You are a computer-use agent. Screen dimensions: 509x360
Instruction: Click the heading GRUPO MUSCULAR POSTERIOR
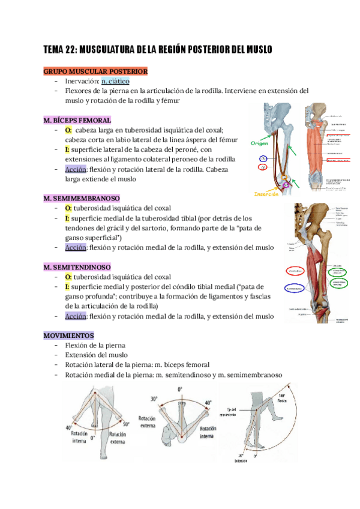coord(96,71)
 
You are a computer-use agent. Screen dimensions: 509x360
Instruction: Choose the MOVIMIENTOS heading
coord(69,336)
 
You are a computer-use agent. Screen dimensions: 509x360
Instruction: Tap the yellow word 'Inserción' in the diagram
coord(267,194)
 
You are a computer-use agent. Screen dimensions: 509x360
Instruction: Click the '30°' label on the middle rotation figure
coord(155,399)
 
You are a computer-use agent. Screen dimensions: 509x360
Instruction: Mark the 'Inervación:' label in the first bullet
coord(82,81)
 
